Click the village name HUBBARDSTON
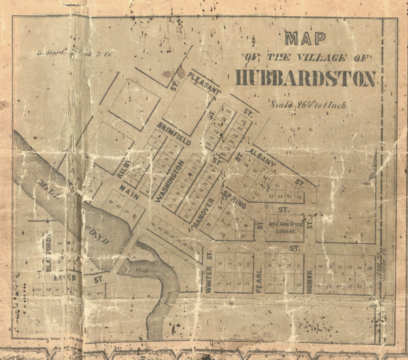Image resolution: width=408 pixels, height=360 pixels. (x=306, y=79)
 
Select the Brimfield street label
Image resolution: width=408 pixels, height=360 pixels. (x=173, y=132)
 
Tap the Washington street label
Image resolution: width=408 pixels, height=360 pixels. (x=169, y=181)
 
